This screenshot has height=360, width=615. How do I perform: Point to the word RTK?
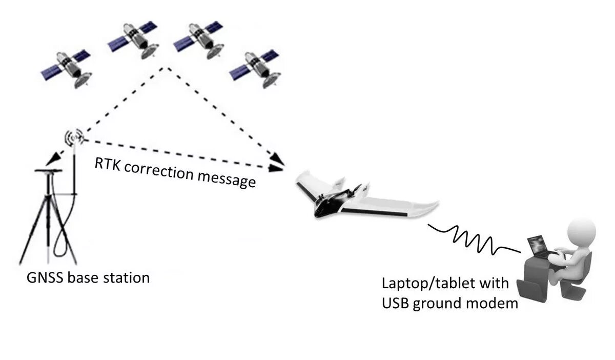107,164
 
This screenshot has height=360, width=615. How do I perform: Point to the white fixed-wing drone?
359,197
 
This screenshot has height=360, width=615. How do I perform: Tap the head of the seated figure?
583,230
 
